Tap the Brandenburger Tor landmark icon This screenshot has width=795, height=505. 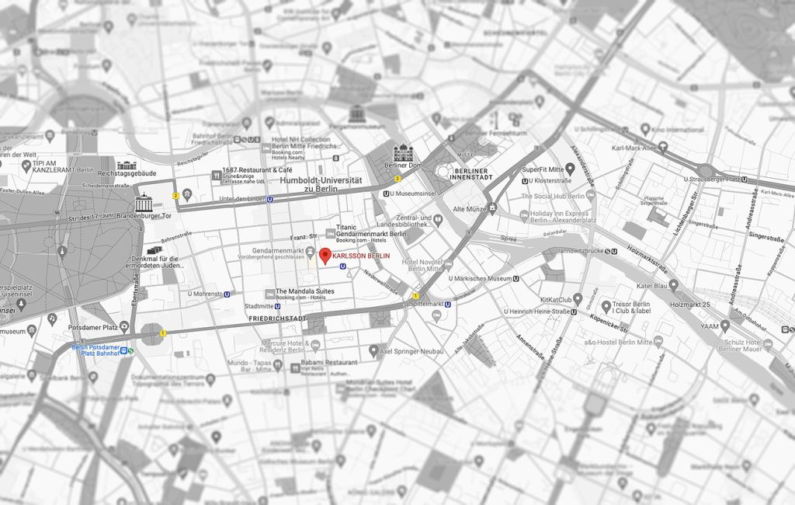click(x=144, y=204)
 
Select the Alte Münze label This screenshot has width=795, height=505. click(x=470, y=209)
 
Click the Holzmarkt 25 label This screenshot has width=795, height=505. click(x=689, y=305)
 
